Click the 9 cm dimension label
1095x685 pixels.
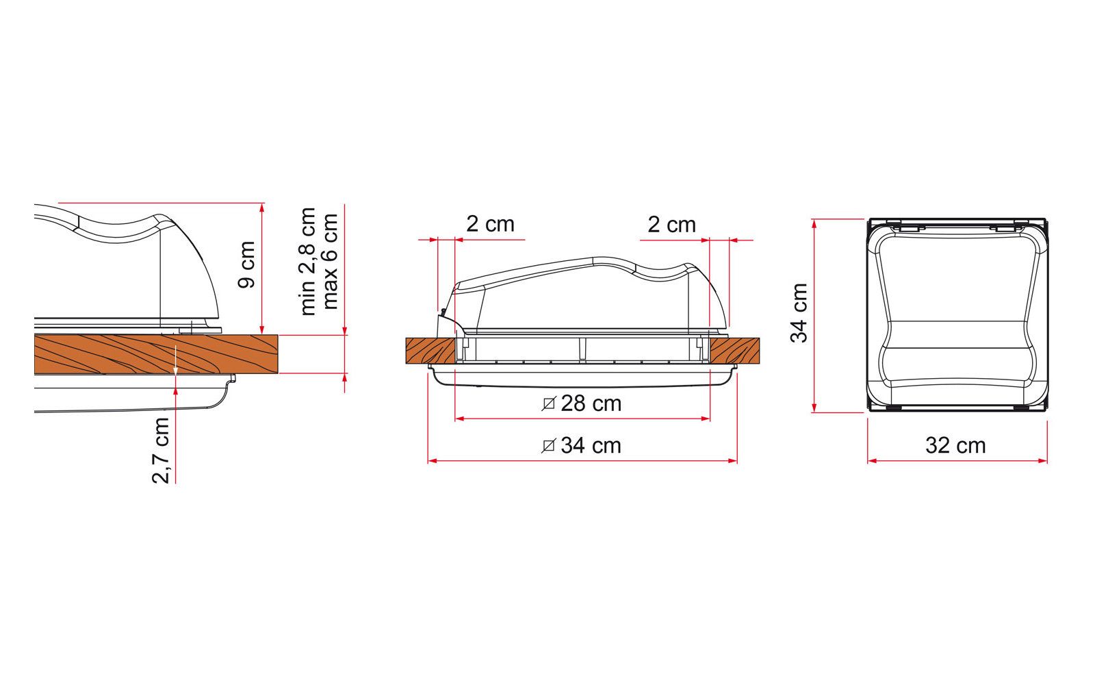248,265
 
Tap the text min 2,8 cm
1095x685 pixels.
308,261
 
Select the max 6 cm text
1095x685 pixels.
331,261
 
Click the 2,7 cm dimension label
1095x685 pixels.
161,450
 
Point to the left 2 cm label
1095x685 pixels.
490,224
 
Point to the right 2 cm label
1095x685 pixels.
671,224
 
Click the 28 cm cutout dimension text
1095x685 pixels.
591,403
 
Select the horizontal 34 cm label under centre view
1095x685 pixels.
591,445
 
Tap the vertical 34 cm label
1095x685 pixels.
799,312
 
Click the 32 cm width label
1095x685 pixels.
955,445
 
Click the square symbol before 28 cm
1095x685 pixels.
548,404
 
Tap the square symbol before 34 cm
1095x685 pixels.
548,446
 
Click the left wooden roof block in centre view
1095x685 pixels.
429,351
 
